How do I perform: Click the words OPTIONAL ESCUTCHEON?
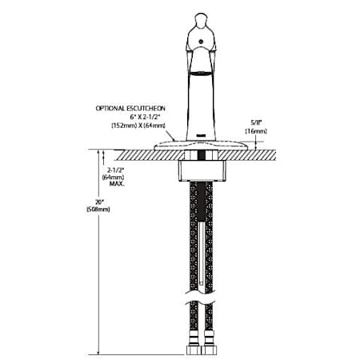point(130,108)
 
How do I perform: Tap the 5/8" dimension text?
point(256,123)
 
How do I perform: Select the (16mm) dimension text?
point(256,131)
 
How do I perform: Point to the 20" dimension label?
point(99,202)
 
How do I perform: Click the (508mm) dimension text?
point(98,210)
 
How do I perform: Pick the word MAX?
point(117,183)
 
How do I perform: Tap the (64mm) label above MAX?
point(113,177)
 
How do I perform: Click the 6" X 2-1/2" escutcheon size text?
point(146,117)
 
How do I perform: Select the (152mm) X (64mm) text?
point(138,126)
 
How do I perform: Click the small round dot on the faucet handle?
point(201,42)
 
